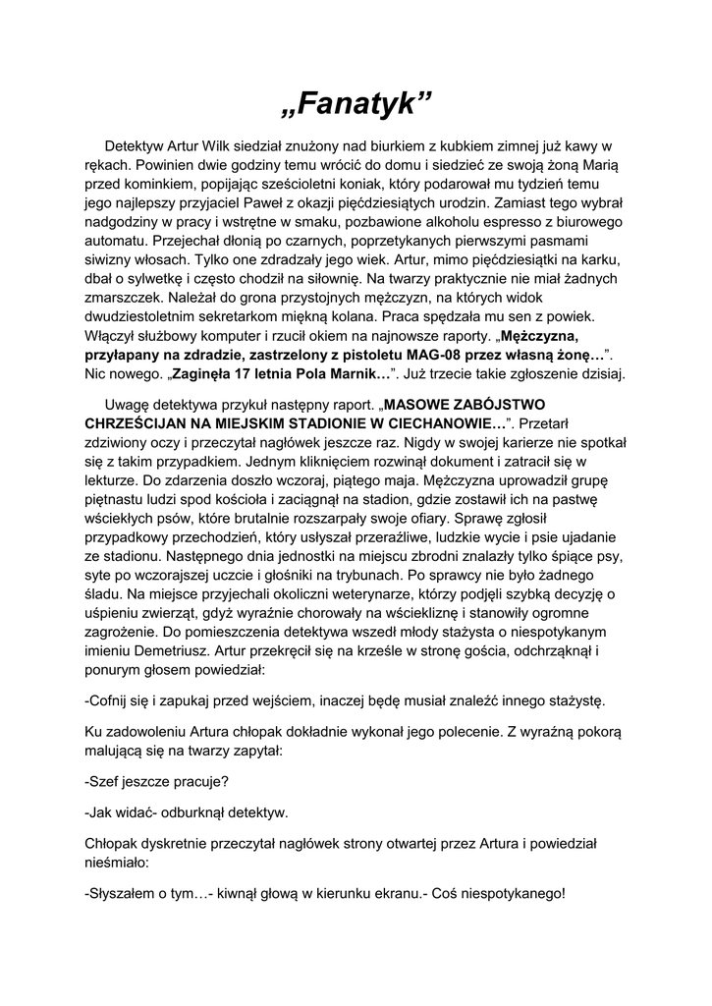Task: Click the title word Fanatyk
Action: [356, 102]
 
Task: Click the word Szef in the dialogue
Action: [107, 782]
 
